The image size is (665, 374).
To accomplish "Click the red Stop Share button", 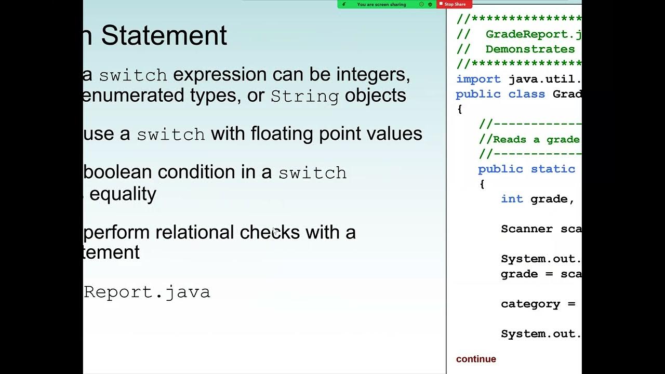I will (x=455, y=4).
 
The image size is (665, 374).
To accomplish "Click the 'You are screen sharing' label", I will (x=381, y=4).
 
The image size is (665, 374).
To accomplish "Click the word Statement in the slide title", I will (x=164, y=36).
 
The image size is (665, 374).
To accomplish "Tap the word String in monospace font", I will (x=304, y=97).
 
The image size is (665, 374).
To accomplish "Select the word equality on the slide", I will (x=123, y=194).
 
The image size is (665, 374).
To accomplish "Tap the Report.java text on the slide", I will (x=147, y=292).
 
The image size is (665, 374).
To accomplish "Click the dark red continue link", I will (x=476, y=359).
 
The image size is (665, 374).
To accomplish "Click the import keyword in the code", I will (x=478, y=79).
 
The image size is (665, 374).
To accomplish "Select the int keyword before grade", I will (x=512, y=199).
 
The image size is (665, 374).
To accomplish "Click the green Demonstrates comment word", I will (x=530, y=49).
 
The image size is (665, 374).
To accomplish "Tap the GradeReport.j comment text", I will (x=533, y=34).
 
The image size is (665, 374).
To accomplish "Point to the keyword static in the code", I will (x=553, y=169).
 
